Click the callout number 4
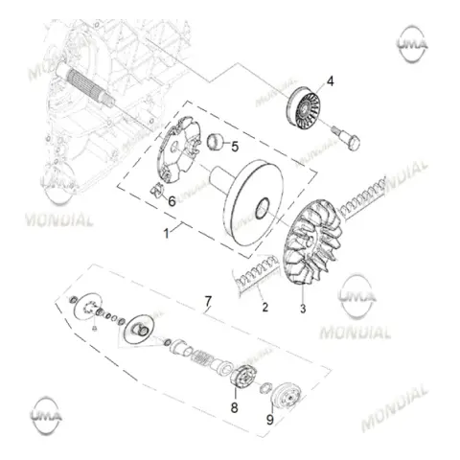(x=331, y=81)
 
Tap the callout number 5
(x=235, y=147)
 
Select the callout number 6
(x=172, y=201)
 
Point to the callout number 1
(x=166, y=234)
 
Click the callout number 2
(x=265, y=308)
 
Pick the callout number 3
(x=303, y=309)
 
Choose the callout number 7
(x=208, y=301)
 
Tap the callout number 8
(x=235, y=407)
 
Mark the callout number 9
(x=270, y=420)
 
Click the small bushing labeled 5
(x=214, y=142)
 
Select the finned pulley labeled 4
(x=303, y=108)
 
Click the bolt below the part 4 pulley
(x=348, y=139)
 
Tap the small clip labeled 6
(x=156, y=190)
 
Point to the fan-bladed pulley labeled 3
(x=312, y=242)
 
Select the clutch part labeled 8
(x=242, y=378)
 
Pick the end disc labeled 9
(x=287, y=397)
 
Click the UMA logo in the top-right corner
(x=412, y=44)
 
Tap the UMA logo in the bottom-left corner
(x=47, y=416)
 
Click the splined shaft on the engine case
(x=85, y=84)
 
